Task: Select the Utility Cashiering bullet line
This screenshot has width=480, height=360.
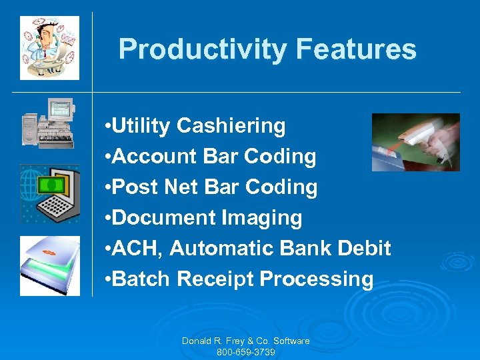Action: tap(196, 125)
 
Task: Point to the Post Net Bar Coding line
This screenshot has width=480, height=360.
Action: tap(211, 187)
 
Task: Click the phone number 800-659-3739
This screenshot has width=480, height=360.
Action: tap(246, 352)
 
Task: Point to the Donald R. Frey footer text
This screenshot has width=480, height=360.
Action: tap(246, 341)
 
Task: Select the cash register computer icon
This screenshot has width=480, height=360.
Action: tap(48, 123)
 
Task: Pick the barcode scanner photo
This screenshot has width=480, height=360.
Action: tap(415, 142)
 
